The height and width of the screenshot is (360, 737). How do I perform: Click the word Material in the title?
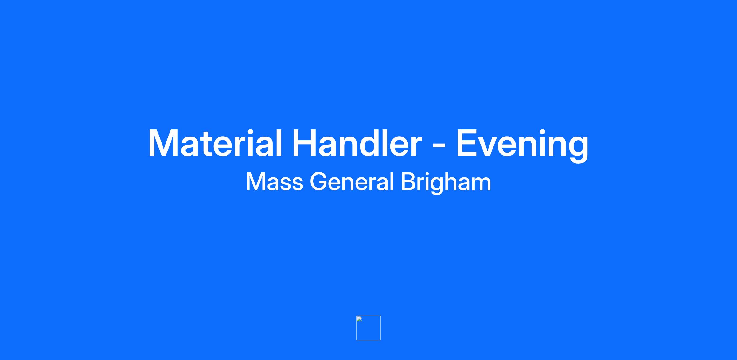(x=215, y=143)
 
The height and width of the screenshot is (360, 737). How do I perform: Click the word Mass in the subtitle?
(x=275, y=182)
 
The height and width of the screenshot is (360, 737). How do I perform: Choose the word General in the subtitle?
(x=352, y=182)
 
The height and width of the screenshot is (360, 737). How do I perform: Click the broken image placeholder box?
(x=368, y=328)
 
